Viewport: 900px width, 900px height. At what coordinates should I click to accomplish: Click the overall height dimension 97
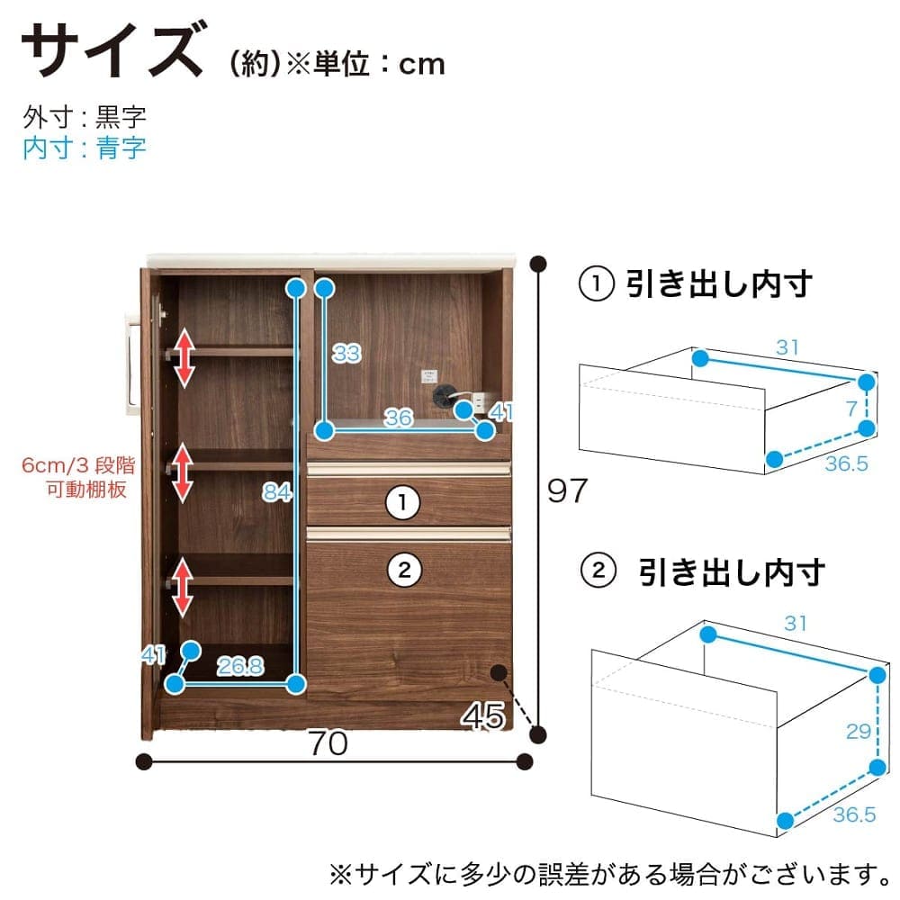[x=567, y=490]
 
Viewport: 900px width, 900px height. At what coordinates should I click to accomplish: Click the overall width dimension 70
[x=328, y=742]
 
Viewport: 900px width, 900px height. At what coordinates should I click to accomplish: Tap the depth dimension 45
[x=483, y=715]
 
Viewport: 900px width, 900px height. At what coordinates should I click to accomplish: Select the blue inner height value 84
[x=276, y=492]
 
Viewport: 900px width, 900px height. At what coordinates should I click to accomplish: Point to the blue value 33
[x=346, y=353]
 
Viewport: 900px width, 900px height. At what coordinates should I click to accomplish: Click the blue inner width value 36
[x=399, y=418]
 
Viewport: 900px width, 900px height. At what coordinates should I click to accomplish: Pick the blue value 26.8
[x=240, y=666]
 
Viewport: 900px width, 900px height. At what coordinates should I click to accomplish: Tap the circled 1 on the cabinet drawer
[x=402, y=503]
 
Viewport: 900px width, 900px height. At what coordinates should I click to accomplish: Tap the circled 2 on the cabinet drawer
[x=404, y=570]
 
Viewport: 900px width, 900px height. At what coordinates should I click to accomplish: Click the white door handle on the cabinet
[x=131, y=362]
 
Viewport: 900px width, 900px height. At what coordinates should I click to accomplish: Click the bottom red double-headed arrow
[x=183, y=587]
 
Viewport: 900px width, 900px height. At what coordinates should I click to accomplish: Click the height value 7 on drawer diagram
[x=851, y=409]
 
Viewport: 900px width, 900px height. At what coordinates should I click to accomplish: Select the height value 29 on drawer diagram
[x=859, y=731]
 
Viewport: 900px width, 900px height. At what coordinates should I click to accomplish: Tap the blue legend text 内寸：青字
[x=85, y=148]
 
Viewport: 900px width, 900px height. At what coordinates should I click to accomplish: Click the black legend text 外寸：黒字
[x=85, y=117]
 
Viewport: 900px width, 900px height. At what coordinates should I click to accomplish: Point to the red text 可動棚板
[x=86, y=490]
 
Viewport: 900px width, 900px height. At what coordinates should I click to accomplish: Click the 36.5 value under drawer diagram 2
[x=855, y=814]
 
